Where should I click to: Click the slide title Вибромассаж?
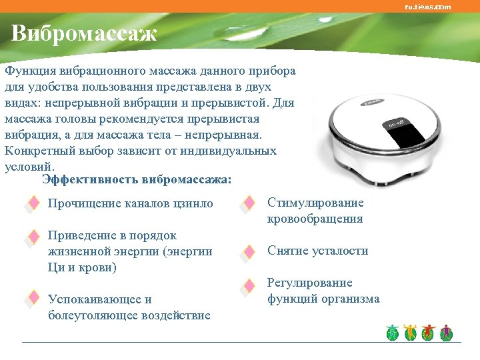pos(84,33)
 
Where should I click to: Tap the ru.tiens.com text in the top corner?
pos(427,7)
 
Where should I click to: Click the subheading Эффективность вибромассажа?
pos(137,179)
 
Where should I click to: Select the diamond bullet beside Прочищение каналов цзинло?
pos(31,204)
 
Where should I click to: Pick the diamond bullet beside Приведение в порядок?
pos(31,237)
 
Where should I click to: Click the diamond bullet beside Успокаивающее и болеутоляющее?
pos(31,299)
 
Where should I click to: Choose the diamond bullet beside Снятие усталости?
pos(248,252)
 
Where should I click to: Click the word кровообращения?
pos(315,219)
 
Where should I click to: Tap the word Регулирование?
pos(309,283)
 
